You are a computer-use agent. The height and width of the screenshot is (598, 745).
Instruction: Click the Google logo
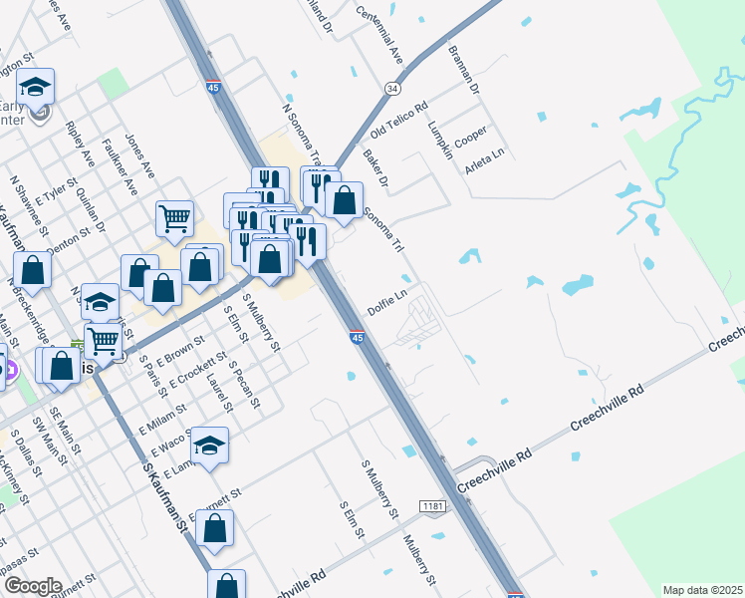pyautogui.click(x=32, y=586)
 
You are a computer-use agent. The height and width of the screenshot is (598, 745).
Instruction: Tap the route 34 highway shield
pyautogui.click(x=393, y=90)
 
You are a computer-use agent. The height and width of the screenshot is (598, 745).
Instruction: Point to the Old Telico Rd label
pyautogui.click(x=398, y=119)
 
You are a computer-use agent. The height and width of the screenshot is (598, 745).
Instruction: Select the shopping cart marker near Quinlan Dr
pyautogui.click(x=174, y=217)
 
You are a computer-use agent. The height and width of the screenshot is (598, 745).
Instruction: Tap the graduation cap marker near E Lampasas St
pyautogui.click(x=209, y=445)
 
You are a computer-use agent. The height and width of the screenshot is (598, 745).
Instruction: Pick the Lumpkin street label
pyautogui.click(x=438, y=130)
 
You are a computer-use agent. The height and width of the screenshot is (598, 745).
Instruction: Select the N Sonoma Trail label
pyautogui.click(x=303, y=135)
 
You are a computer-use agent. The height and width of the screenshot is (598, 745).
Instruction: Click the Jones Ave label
pyautogui.click(x=139, y=155)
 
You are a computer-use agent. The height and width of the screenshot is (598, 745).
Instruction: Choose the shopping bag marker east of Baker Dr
pyautogui.click(x=345, y=199)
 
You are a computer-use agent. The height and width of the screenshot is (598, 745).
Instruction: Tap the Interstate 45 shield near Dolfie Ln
pyautogui.click(x=357, y=338)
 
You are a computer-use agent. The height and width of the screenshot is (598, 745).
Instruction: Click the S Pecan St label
pyautogui.click(x=244, y=385)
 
